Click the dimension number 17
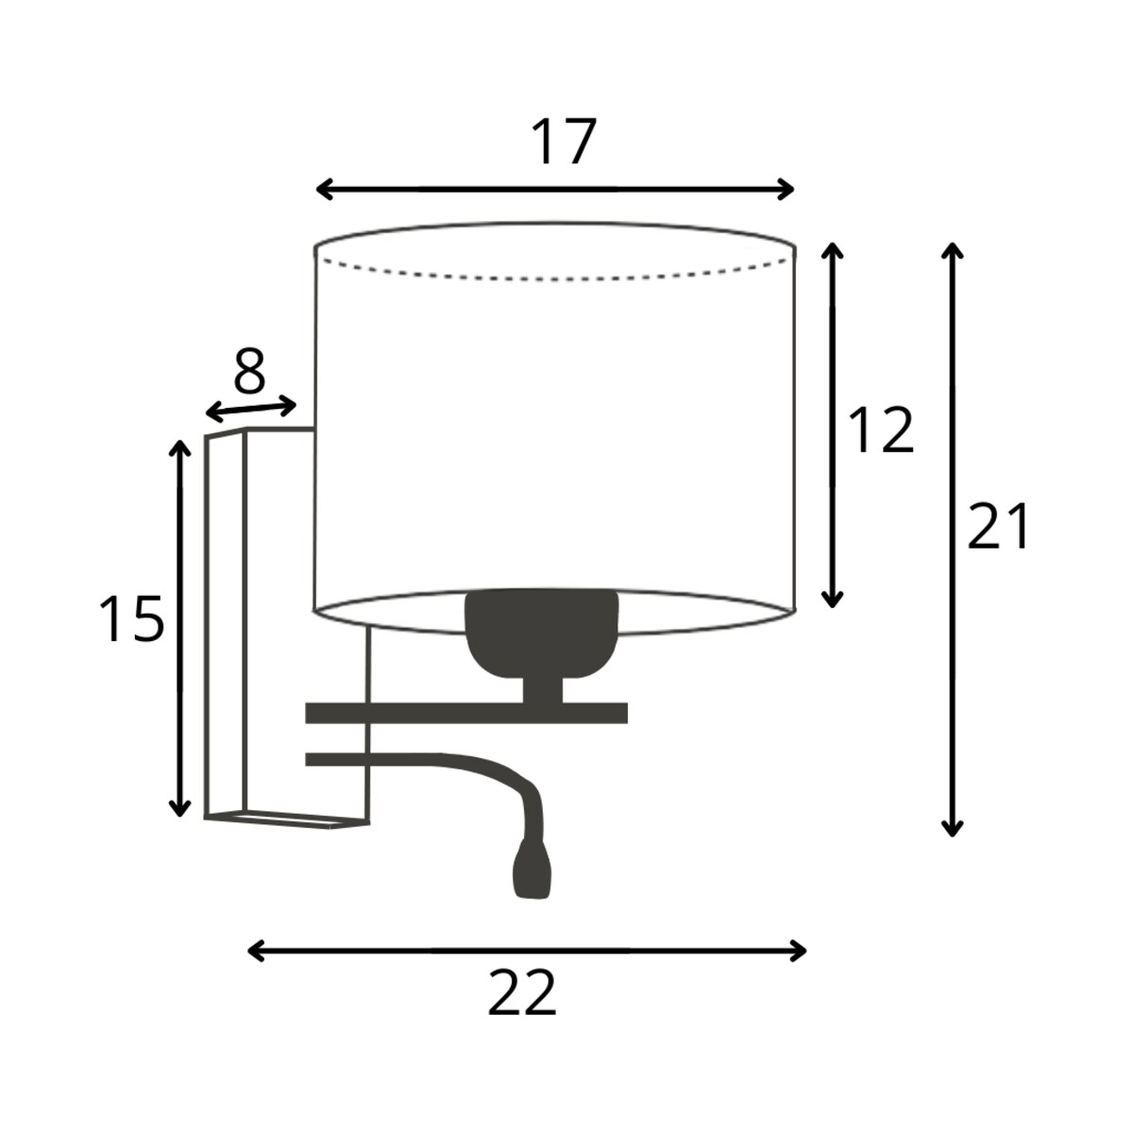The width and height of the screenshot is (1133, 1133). tap(564, 142)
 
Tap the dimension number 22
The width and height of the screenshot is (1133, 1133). tap(521, 992)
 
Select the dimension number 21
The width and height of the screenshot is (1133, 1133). tap(998, 526)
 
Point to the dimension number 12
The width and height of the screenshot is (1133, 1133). tap(881, 430)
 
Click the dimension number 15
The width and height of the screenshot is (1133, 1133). tap(131, 618)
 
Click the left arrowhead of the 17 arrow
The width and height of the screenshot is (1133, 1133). tap(325, 190)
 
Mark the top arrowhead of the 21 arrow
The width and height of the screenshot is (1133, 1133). tap(952, 250)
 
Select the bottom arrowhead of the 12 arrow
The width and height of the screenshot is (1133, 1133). tap(832, 599)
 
